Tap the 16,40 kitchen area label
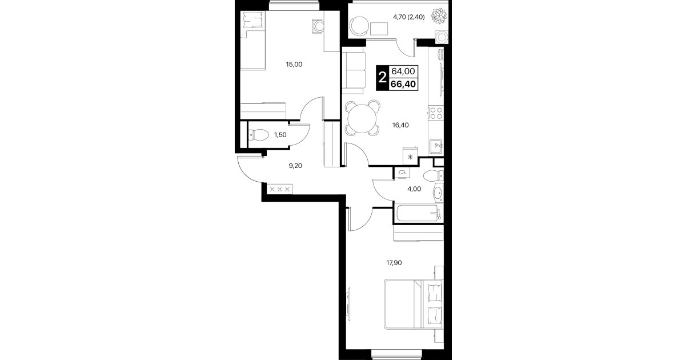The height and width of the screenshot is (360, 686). pos(400,125)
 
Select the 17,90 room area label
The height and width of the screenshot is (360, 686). pos(394,262)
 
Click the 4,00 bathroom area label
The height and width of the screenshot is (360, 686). pos(414,189)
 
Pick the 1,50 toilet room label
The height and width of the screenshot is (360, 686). pos(280,135)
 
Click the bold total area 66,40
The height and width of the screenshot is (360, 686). pos(404,84)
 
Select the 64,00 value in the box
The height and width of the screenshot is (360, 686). pos(403,71)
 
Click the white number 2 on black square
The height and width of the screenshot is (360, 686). pos(382,78)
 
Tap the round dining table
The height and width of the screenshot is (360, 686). pos(362,118)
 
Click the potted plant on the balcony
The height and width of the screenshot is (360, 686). pos(439,15)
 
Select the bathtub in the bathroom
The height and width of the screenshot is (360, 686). pos(418,213)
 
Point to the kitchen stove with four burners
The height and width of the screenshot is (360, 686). pos(436,113)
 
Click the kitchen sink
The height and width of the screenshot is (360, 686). pos(436,146)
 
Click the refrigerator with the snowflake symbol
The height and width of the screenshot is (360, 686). pos(410,155)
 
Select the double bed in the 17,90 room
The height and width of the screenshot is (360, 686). pos(414,304)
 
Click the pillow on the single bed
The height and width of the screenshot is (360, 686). pos(252,20)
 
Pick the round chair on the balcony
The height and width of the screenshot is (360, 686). pos(359,26)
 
